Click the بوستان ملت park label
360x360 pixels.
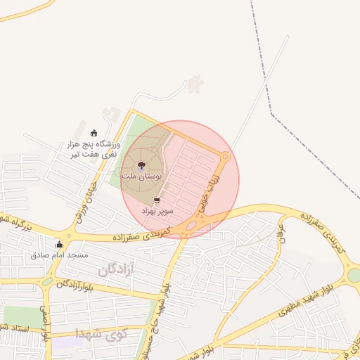tap(141, 177)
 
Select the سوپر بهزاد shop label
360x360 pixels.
tap(156, 211)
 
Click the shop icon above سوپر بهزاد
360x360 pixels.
tap(156, 201)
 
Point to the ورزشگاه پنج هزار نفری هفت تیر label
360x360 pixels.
tap(94, 149)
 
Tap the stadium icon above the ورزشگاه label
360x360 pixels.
tap(94, 134)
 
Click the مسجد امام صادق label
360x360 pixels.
tap(59, 255)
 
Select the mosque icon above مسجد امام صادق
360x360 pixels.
tap(59, 245)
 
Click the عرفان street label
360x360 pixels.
tap(282, 229)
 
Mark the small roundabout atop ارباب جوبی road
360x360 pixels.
tap(225, 157)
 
